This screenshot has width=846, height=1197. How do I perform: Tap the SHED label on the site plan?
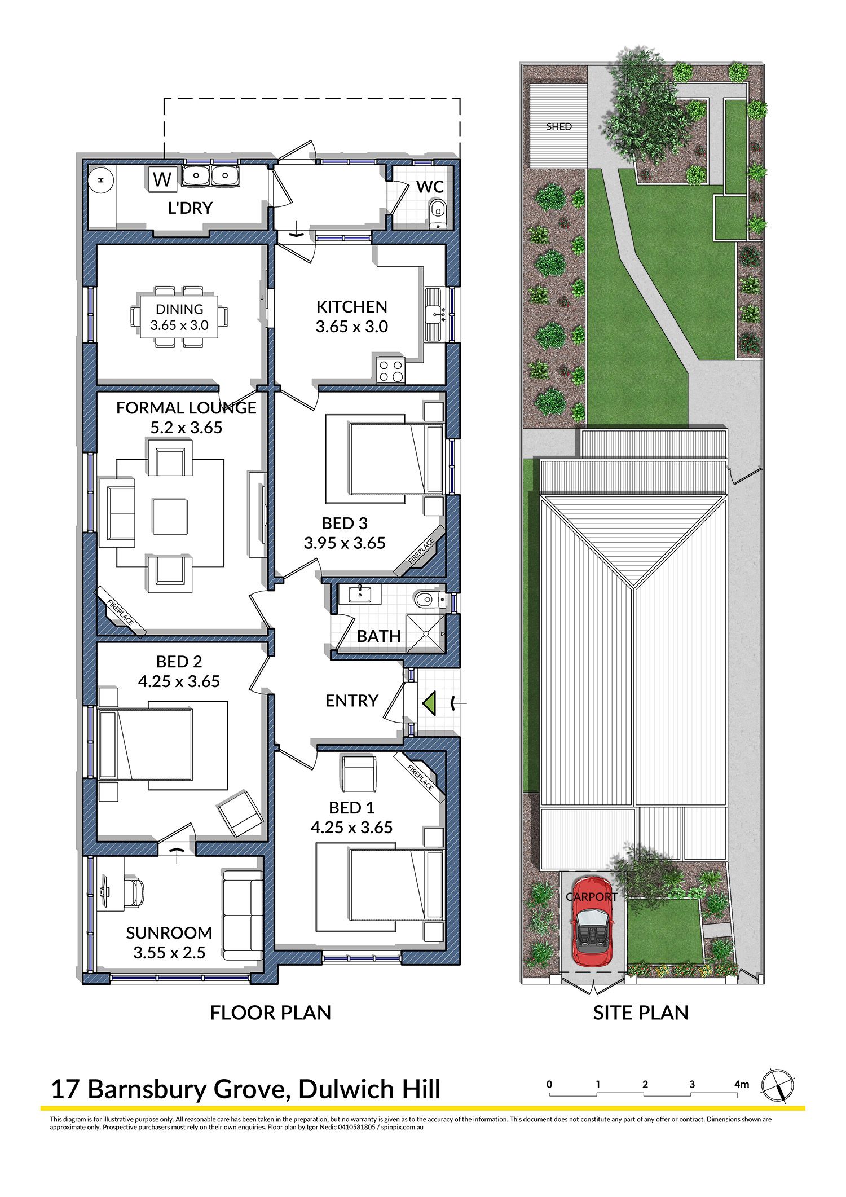click(559, 127)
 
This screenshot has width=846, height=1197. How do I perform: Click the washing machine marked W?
click(162, 179)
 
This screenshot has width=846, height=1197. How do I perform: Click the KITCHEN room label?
click(351, 307)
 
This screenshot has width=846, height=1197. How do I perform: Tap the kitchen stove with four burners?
click(391, 371)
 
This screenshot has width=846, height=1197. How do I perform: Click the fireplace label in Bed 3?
click(422, 551)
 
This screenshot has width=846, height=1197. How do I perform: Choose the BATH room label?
click(378, 636)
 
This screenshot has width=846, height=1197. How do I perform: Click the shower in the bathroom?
click(425, 633)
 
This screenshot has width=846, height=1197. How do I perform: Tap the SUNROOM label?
click(169, 932)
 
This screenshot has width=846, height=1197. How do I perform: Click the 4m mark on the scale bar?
click(741, 1084)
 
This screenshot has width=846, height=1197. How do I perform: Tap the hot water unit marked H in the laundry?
click(101, 181)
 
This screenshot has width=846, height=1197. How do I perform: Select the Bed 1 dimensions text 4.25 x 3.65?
click(351, 828)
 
